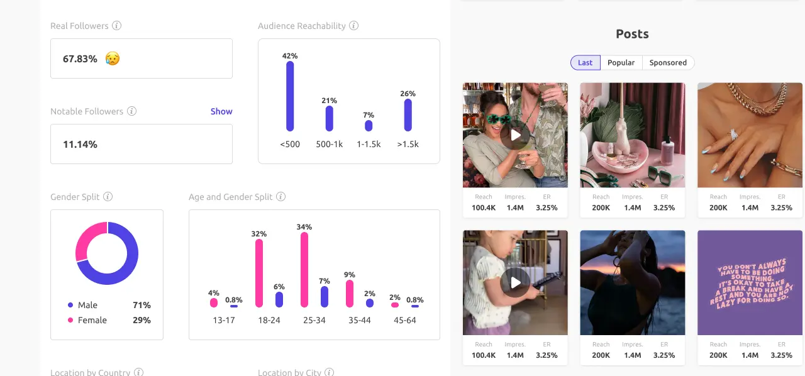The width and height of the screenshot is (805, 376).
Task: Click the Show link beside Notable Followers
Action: [221, 111]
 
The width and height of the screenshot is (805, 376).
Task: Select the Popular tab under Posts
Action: [621, 63]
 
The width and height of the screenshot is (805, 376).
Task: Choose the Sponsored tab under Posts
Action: [668, 63]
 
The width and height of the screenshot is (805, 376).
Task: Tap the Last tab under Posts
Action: [585, 63]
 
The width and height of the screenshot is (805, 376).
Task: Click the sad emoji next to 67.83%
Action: [113, 59]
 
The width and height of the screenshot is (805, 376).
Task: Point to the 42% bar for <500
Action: [290, 96]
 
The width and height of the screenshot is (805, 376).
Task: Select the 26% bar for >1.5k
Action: [408, 115]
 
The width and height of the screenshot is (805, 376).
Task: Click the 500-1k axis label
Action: [329, 144]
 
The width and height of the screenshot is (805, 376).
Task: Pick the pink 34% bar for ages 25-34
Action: [304, 270]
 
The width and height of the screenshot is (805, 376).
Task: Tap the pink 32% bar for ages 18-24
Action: [259, 273]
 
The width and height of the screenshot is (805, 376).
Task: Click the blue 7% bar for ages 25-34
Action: [325, 297]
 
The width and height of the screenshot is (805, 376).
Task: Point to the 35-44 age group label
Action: [360, 320]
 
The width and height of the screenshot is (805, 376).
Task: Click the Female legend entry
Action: [92, 320]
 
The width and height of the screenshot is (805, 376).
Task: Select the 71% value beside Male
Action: [142, 305]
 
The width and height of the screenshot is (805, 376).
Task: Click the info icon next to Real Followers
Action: [116, 26]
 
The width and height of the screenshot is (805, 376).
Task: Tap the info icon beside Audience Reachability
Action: [353, 26]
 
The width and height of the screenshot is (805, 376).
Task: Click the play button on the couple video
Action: [516, 135]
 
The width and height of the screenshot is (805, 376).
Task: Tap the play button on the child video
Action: [516, 282]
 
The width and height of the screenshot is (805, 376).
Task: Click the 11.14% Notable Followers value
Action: [80, 144]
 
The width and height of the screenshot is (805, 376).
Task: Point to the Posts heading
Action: [632, 34]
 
